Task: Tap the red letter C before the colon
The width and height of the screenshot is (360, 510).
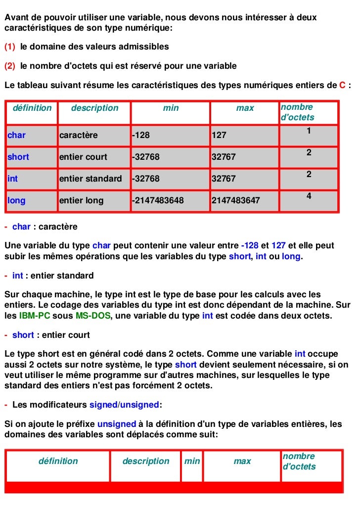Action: point(342,85)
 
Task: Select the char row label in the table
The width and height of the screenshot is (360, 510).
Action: point(16,135)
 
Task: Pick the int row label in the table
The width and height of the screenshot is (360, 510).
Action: point(12,179)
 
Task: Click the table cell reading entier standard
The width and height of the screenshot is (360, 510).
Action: point(90,179)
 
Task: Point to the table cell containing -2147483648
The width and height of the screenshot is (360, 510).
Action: point(158,200)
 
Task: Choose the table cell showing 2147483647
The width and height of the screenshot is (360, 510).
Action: point(235,200)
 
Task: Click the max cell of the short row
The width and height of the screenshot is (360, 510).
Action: point(224,157)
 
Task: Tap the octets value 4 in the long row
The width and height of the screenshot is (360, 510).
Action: point(309,196)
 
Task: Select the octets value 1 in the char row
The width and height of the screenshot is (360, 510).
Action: point(309,131)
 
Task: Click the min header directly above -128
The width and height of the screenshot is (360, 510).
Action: point(171,108)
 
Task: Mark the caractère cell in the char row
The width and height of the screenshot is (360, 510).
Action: point(79,135)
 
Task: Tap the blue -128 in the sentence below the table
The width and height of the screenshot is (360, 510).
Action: point(250,246)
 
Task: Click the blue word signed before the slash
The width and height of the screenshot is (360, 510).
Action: point(102,405)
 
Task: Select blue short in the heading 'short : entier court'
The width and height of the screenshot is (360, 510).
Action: point(23,335)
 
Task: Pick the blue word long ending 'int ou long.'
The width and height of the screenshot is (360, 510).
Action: point(291,257)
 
